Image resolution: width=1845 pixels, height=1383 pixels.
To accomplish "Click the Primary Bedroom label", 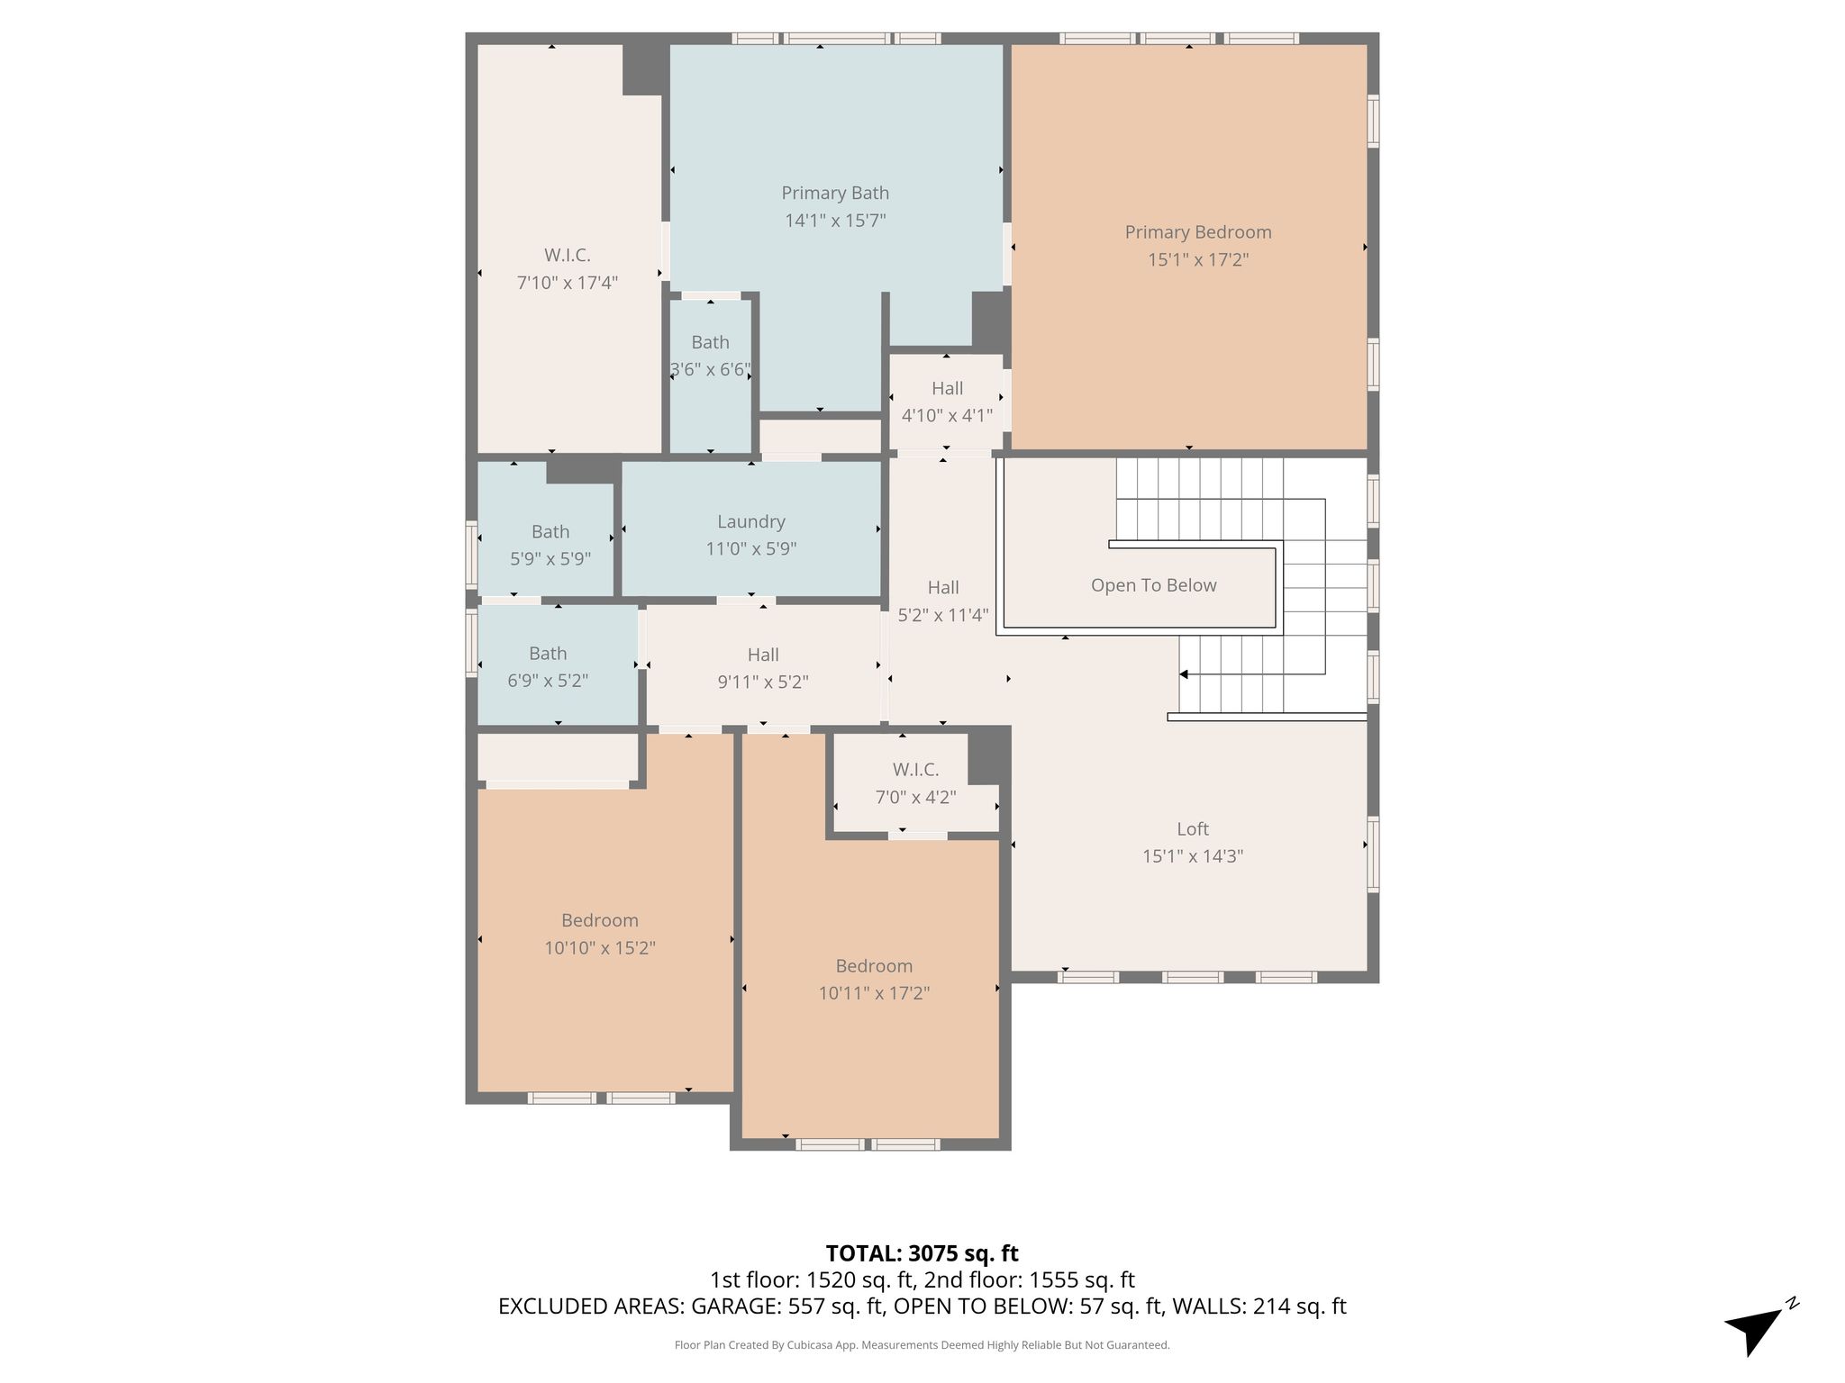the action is pyautogui.click(x=1198, y=232).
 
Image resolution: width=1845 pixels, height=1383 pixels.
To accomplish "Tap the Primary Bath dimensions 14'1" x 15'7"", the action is pyautogui.click(x=835, y=221).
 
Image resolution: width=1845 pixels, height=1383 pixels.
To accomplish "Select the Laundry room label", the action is pyautogui.click(x=751, y=522).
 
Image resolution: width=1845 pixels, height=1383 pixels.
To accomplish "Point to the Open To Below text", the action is pyautogui.click(x=1153, y=585).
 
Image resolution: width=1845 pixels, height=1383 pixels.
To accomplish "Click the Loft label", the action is pyautogui.click(x=1193, y=829).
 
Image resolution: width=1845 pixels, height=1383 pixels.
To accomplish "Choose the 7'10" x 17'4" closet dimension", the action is pyautogui.click(x=568, y=283).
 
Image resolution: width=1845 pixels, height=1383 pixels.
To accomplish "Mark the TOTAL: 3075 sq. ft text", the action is pyautogui.click(x=922, y=1253).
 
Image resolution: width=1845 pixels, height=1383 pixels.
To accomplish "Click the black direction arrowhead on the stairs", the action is pyautogui.click(x=1184, y=674).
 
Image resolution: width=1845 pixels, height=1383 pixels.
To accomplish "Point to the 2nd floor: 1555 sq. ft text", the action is pyautogui.click(x=1030, y=1280).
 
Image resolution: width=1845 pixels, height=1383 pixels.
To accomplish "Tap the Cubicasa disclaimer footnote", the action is pyautogui.click(x=922, y=1345).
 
